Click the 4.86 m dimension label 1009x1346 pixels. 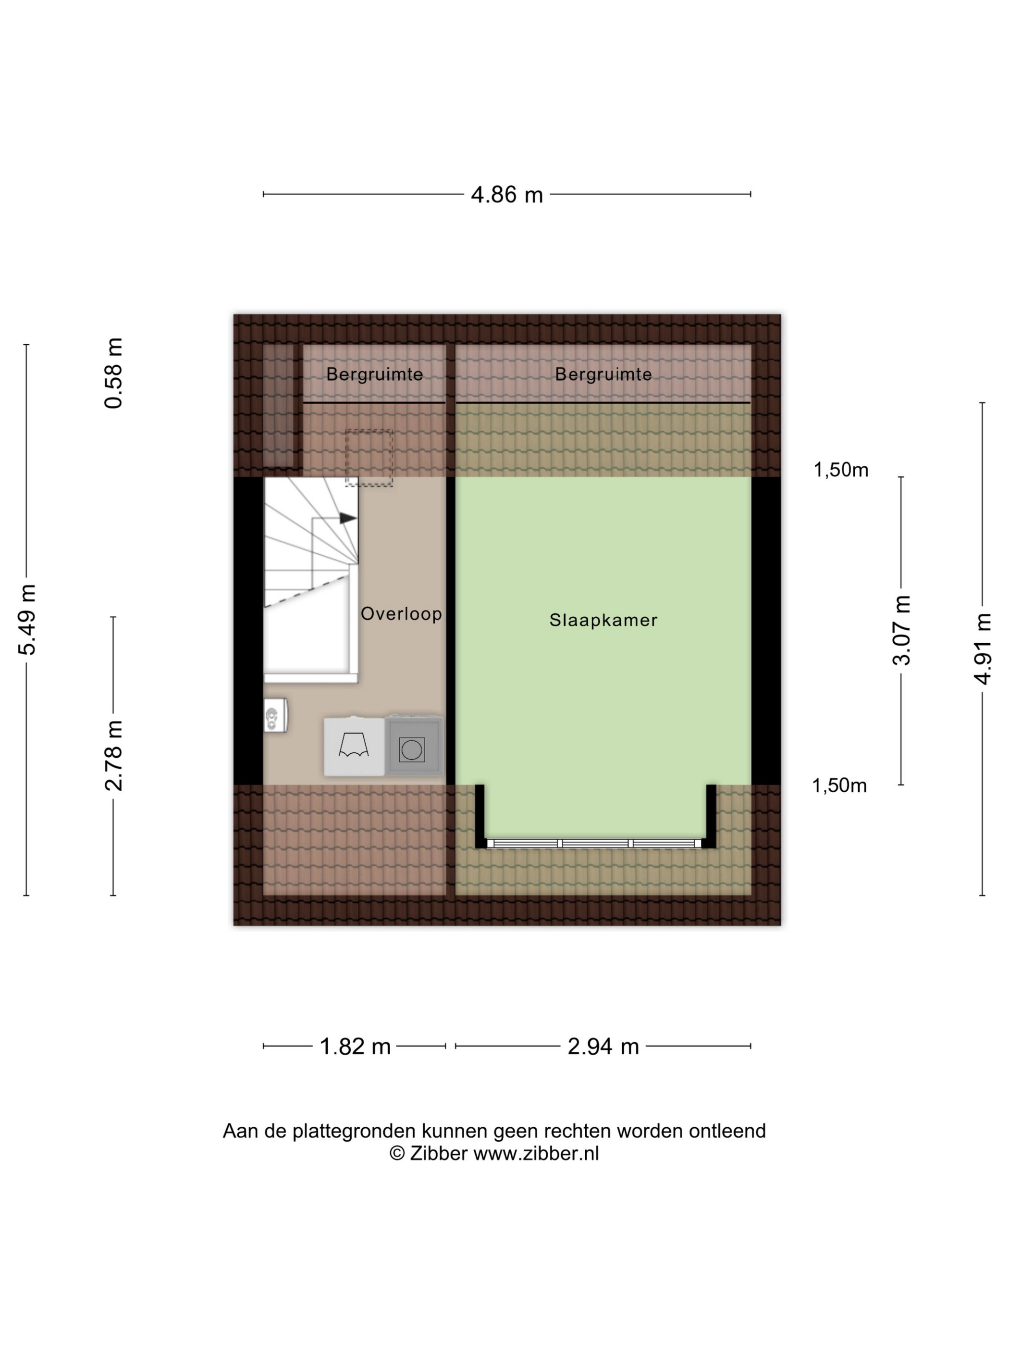506,195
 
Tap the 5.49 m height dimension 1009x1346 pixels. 27,619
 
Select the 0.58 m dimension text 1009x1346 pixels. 114,373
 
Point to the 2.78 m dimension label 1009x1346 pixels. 114,755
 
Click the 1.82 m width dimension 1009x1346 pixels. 355,1047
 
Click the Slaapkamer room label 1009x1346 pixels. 603,620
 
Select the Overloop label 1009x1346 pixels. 401,614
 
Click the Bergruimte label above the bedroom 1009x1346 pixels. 603,374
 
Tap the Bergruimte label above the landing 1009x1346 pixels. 375,374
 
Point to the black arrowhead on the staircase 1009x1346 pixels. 348,518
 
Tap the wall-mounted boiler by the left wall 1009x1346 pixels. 275,715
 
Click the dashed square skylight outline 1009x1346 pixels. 369,458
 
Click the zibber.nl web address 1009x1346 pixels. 536,1154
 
